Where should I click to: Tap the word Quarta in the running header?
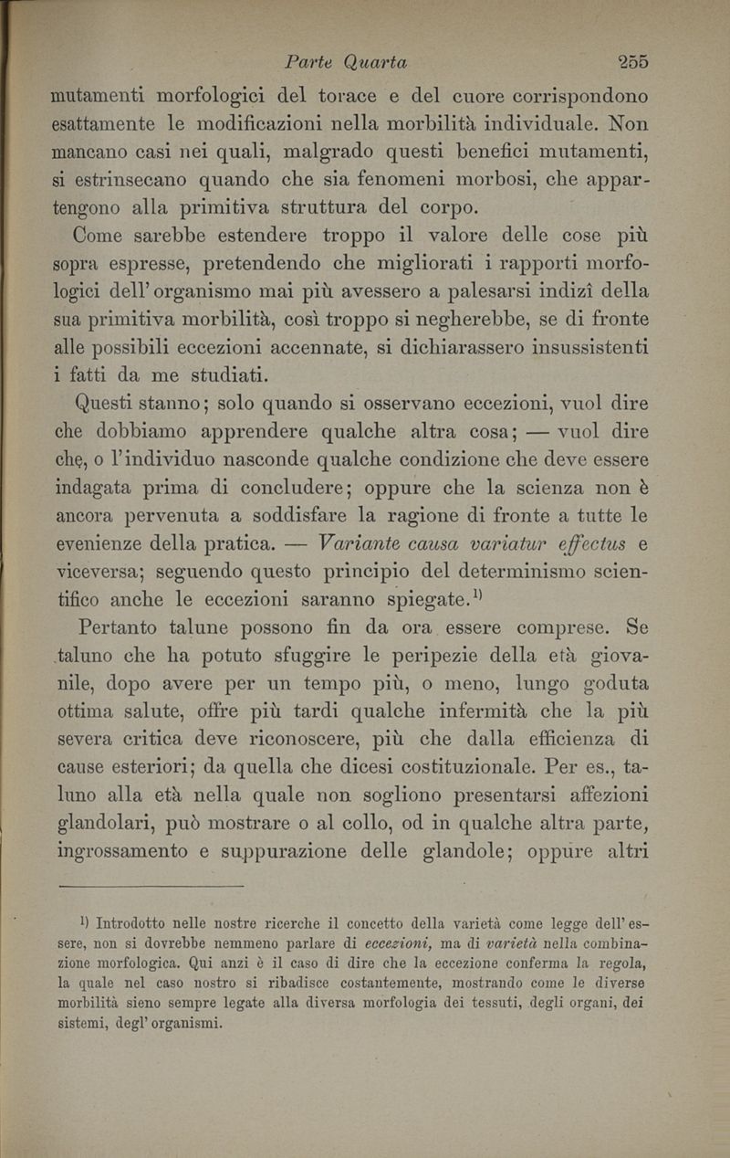[374, 63]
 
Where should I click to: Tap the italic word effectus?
[584, 546]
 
